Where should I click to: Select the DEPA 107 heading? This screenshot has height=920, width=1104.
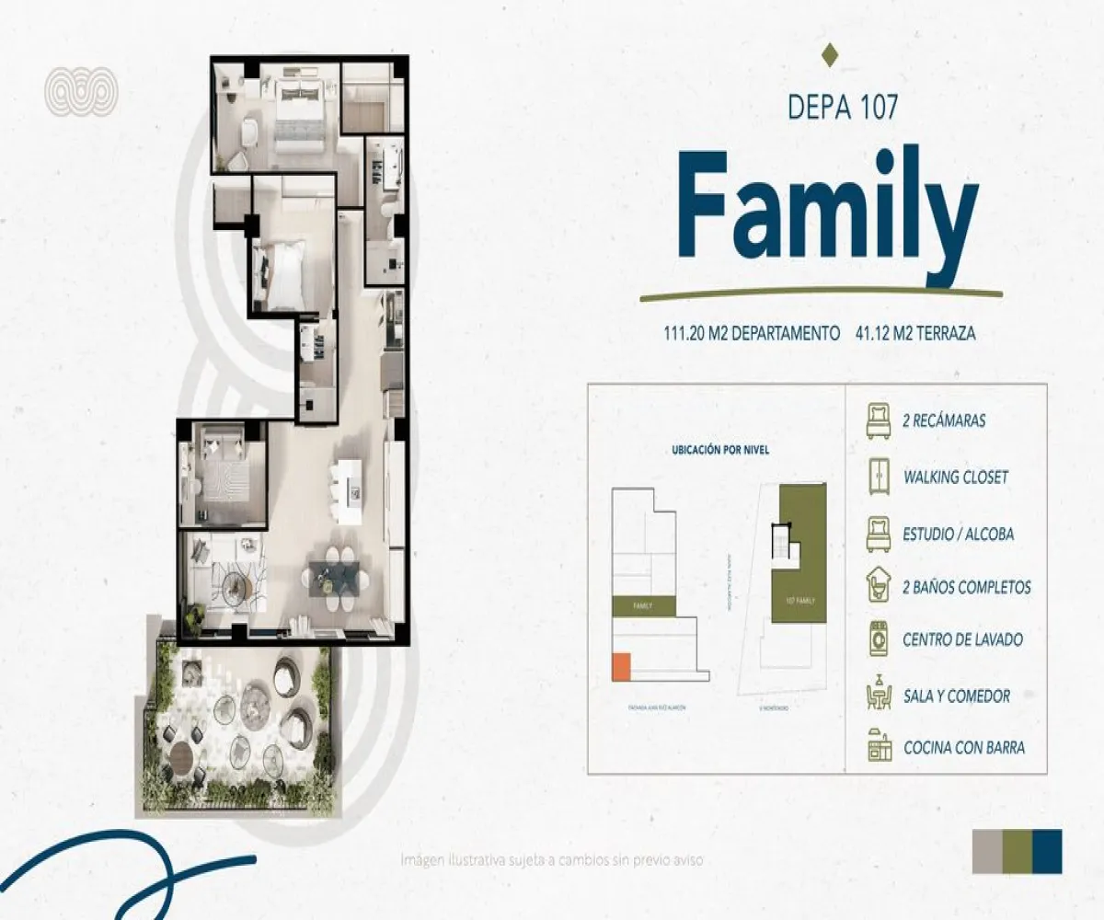click(x=843, y=106)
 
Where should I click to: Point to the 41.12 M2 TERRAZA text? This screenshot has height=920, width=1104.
click(x=914, y=334)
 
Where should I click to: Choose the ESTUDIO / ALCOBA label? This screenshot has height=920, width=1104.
click(x=959, y=534)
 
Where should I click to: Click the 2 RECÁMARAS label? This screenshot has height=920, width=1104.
click(x=945, y=421)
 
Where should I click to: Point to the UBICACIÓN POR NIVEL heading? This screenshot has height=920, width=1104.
click(x=720, y=451)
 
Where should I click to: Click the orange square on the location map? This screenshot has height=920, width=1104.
click(x=621, y=667)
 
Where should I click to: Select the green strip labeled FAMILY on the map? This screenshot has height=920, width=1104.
click(x=644, y=606)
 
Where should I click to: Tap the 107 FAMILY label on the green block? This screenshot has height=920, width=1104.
click(x=799, y=601)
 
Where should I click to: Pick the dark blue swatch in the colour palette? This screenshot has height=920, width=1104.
click(x=1047, y=851)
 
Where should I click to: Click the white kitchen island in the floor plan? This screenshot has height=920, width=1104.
click(x=350, y=490)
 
